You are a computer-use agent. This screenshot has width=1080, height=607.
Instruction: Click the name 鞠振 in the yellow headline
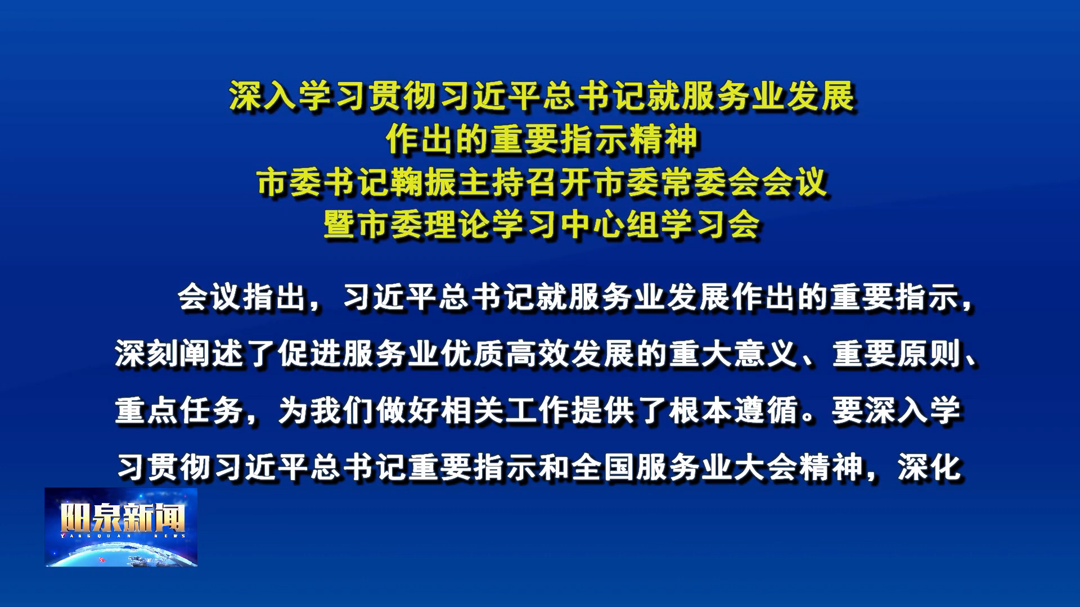425,183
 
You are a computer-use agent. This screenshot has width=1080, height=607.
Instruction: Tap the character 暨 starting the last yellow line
340,225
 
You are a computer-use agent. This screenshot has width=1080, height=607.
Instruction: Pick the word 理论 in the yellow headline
458,225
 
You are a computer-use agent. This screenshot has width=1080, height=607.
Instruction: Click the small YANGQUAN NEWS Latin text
123,536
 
